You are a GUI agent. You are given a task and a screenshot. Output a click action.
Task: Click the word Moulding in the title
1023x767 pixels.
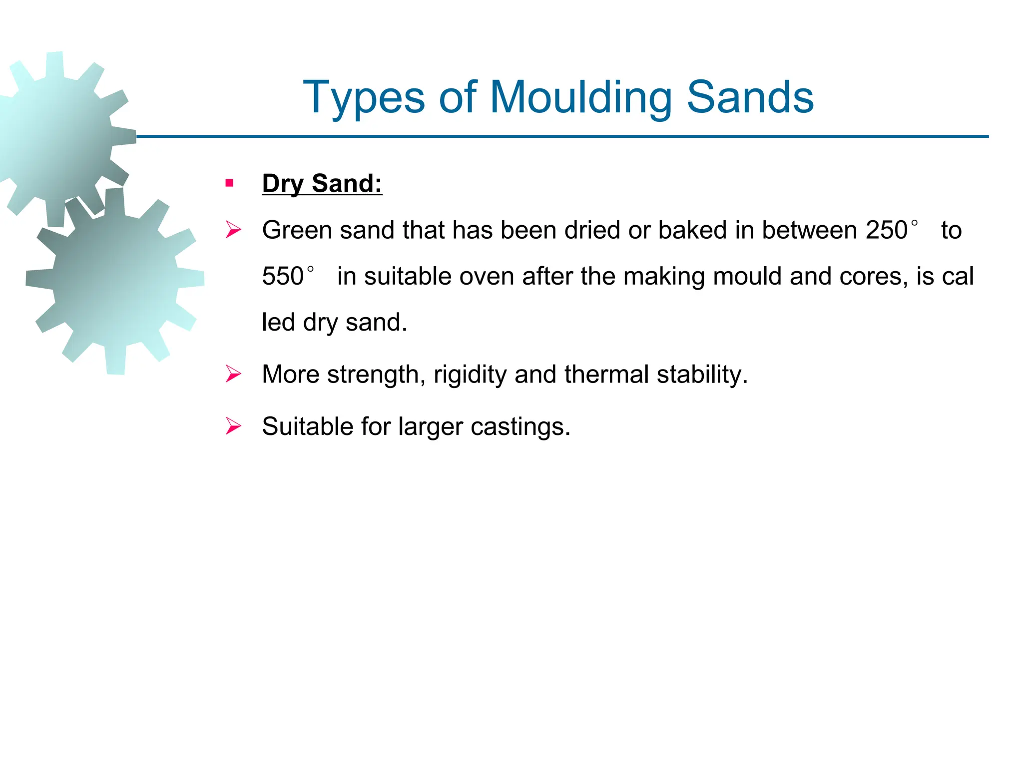(580, 97)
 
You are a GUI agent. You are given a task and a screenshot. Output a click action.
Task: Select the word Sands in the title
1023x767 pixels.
(750, 97)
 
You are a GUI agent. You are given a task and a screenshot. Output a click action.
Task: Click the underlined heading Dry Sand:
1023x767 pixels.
(322, 183)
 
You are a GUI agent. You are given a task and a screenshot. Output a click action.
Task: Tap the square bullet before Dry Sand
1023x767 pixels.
(229, 183)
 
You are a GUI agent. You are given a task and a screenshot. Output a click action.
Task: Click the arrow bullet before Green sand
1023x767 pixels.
(233, 230)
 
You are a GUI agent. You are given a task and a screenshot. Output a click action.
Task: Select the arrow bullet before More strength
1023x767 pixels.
(233, 374)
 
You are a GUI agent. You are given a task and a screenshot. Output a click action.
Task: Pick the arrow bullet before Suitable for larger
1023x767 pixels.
(233, 426)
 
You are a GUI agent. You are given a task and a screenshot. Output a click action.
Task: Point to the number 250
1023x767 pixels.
(886, 230)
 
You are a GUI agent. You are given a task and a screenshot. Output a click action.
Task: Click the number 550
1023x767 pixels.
(283, 276)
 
